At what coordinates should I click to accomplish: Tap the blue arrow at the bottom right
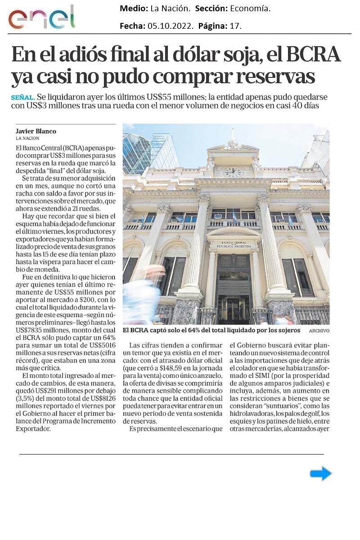coord(320,473)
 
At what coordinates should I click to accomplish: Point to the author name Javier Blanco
coord(36,131)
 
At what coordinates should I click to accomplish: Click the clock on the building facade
coord(233,171)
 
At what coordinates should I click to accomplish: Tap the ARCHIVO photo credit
coord(319,331)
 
